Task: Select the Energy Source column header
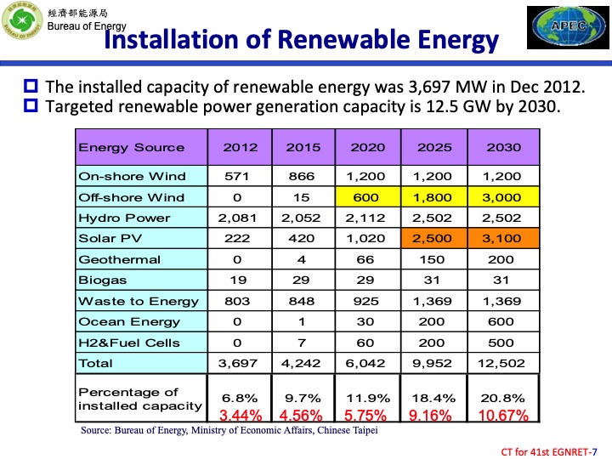click(x=132, y=147)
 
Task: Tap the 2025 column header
click(x=434, y=147)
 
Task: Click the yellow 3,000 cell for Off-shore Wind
click(x=504, y=197)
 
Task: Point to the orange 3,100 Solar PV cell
click(x=504, y=239)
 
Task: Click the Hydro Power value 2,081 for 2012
click(x=237, y=218)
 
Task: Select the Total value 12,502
click(x=504, y=363)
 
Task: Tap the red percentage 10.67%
click(x=504, y=416)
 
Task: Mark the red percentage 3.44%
click(x=241, y=416)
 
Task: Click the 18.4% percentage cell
click(x=434, y=397)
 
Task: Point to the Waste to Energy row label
click(x=139, y=301)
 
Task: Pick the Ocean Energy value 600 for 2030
click(x=504, y=322)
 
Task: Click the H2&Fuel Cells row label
click(x=129, y=343)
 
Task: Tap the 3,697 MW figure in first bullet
click(x=447, y=87)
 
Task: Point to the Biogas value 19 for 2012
click(x=237, y=280)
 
